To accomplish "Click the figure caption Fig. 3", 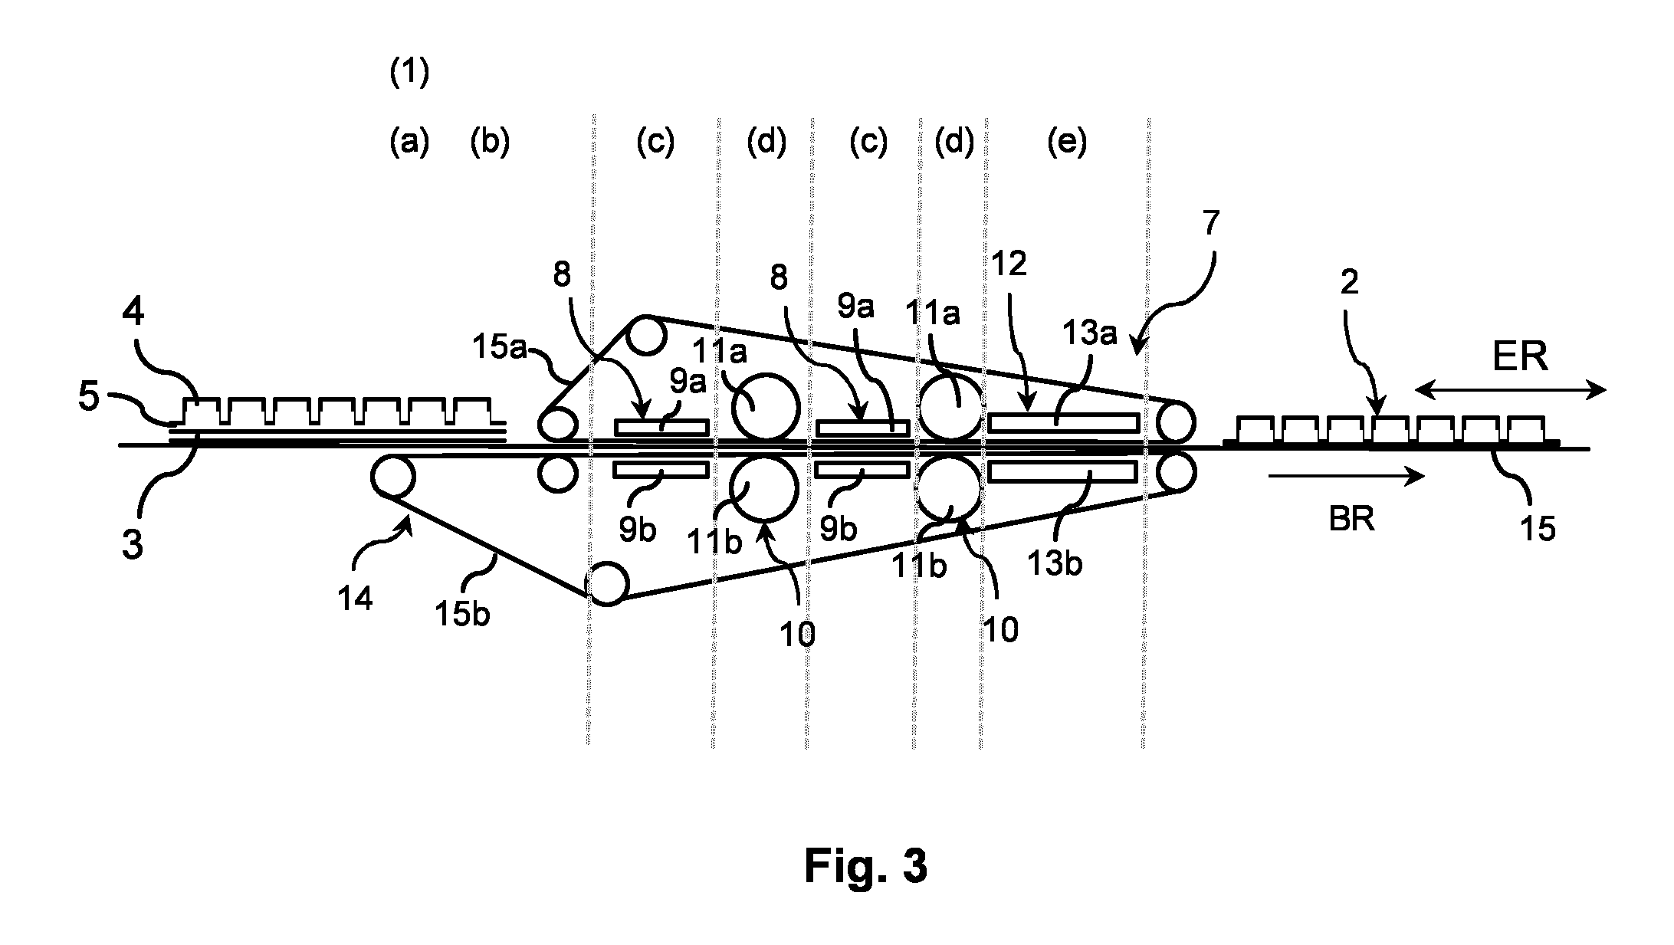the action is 865,867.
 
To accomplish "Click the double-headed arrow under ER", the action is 1510,391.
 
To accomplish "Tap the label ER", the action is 1520,356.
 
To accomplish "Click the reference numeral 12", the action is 1008,264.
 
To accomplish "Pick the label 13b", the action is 1054,563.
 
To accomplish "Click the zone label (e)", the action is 1067,142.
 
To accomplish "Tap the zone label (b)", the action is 490,142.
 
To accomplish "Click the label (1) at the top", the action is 409,74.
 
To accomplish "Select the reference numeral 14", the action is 355,598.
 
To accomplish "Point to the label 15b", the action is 463,614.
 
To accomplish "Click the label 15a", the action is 501,347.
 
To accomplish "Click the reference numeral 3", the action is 133,546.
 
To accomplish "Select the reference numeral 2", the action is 1350,283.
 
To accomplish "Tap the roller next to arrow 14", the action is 392,476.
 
